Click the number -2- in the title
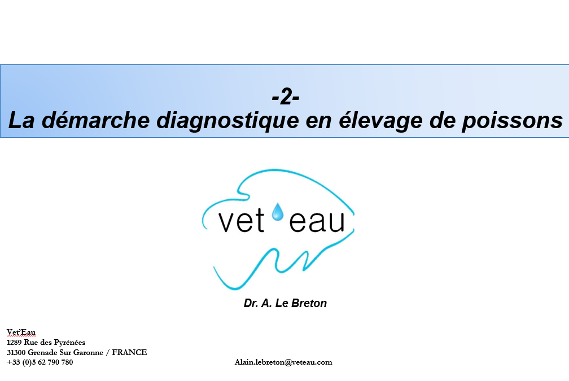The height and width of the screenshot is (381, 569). [285, 97]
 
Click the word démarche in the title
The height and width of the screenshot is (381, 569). [98, 120]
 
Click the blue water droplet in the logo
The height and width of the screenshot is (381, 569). [278, 212]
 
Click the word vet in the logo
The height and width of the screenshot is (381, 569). [242, 221]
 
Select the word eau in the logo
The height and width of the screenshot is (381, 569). [317, 222]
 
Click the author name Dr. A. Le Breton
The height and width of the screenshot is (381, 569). [285, 303]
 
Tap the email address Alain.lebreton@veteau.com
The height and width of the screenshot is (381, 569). [283, 362]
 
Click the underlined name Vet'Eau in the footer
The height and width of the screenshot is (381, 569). [21, 332]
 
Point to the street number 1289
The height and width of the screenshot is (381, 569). [14, 342]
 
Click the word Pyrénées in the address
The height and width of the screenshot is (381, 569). [69, 343]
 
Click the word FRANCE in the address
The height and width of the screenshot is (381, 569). [130, 352]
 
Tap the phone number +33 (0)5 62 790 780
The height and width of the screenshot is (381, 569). [40, 362]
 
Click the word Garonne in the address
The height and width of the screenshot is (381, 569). [88, 352]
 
